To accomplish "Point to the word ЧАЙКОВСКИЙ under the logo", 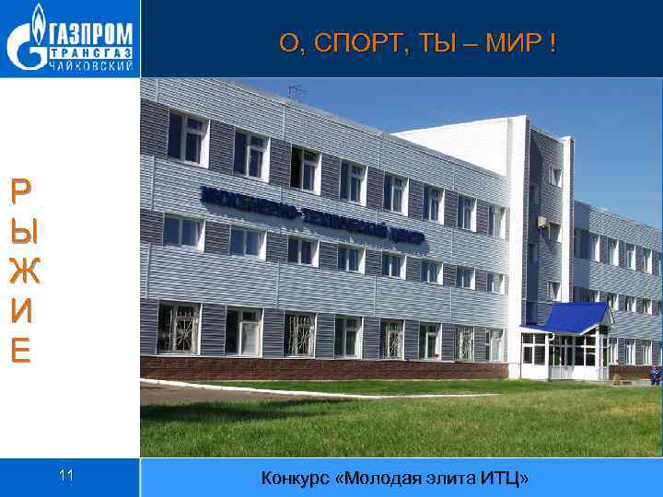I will (x=90, y=65).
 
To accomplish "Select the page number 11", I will (x=65, y=476).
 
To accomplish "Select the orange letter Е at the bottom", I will (x=20, y=351).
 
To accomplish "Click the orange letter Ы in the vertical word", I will (x=20, y=231).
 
